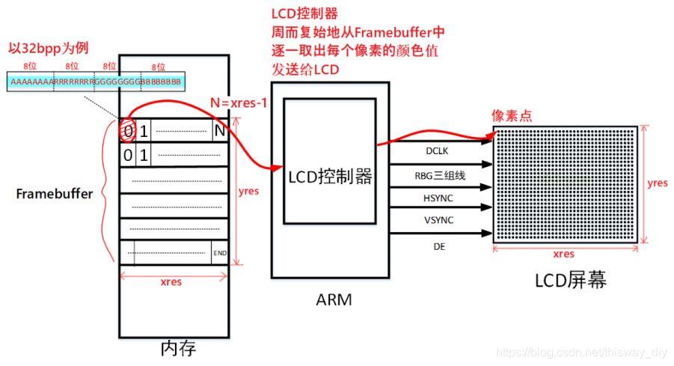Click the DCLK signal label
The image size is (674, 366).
436,150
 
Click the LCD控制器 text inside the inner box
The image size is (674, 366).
330,177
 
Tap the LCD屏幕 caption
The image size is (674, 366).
570,280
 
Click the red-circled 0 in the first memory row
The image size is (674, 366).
127,132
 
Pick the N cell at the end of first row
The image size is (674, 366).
219,131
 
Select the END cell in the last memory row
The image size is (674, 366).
220,253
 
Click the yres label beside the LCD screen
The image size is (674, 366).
657,183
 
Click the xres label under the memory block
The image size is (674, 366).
171,282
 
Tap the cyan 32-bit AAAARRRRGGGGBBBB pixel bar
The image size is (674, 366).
96,81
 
